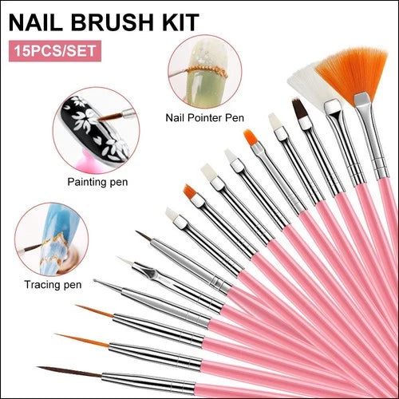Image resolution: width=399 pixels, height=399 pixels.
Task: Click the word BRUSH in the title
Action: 113,22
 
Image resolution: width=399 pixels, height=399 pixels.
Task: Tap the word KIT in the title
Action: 179,22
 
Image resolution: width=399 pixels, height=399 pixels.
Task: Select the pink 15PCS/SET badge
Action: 55,51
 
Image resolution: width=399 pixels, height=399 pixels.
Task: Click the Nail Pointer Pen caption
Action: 204,117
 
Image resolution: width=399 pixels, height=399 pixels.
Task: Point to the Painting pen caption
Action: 97,182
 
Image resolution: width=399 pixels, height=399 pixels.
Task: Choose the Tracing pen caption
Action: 53,285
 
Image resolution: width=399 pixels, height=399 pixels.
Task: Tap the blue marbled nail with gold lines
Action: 57,239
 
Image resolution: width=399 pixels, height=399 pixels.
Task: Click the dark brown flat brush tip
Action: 298,109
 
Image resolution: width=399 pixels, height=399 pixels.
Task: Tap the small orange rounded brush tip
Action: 251,138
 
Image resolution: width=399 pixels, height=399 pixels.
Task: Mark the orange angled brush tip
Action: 191,192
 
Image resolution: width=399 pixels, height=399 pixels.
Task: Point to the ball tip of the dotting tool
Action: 95,281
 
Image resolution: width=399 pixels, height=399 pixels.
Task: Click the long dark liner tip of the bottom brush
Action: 69,371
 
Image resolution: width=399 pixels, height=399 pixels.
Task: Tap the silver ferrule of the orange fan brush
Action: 372,136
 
